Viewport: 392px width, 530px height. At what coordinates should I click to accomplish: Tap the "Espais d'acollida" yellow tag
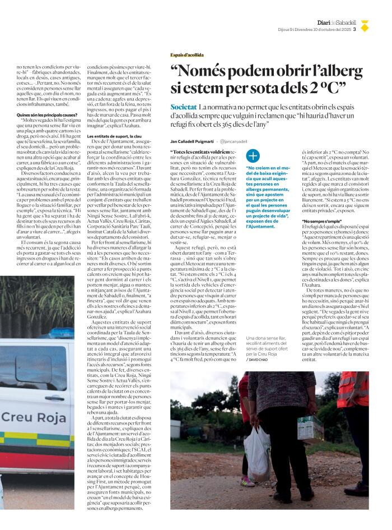pos(187,55)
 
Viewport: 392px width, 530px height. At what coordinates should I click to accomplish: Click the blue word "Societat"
pos(183,107)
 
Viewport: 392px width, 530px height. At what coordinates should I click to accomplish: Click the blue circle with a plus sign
pos(253,156)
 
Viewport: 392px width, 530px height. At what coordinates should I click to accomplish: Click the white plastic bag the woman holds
pos(258,449)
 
